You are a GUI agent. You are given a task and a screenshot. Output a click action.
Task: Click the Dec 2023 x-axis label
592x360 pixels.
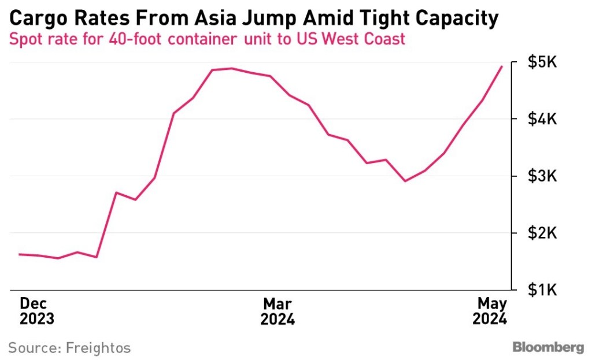pos(36,311)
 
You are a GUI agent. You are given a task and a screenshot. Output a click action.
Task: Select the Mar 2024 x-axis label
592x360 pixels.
pos(277,311)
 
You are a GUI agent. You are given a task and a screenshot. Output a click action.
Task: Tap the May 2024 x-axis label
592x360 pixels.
pos(490,311)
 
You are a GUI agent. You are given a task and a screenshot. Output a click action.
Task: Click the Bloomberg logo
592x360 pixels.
pos(548,347)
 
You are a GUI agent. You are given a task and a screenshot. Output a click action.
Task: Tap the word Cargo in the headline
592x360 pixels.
pos(35,19)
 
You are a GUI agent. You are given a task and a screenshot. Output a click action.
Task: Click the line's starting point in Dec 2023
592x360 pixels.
pos(19,254)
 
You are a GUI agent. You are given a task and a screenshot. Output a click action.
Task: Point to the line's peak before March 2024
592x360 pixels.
pos(231,68)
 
